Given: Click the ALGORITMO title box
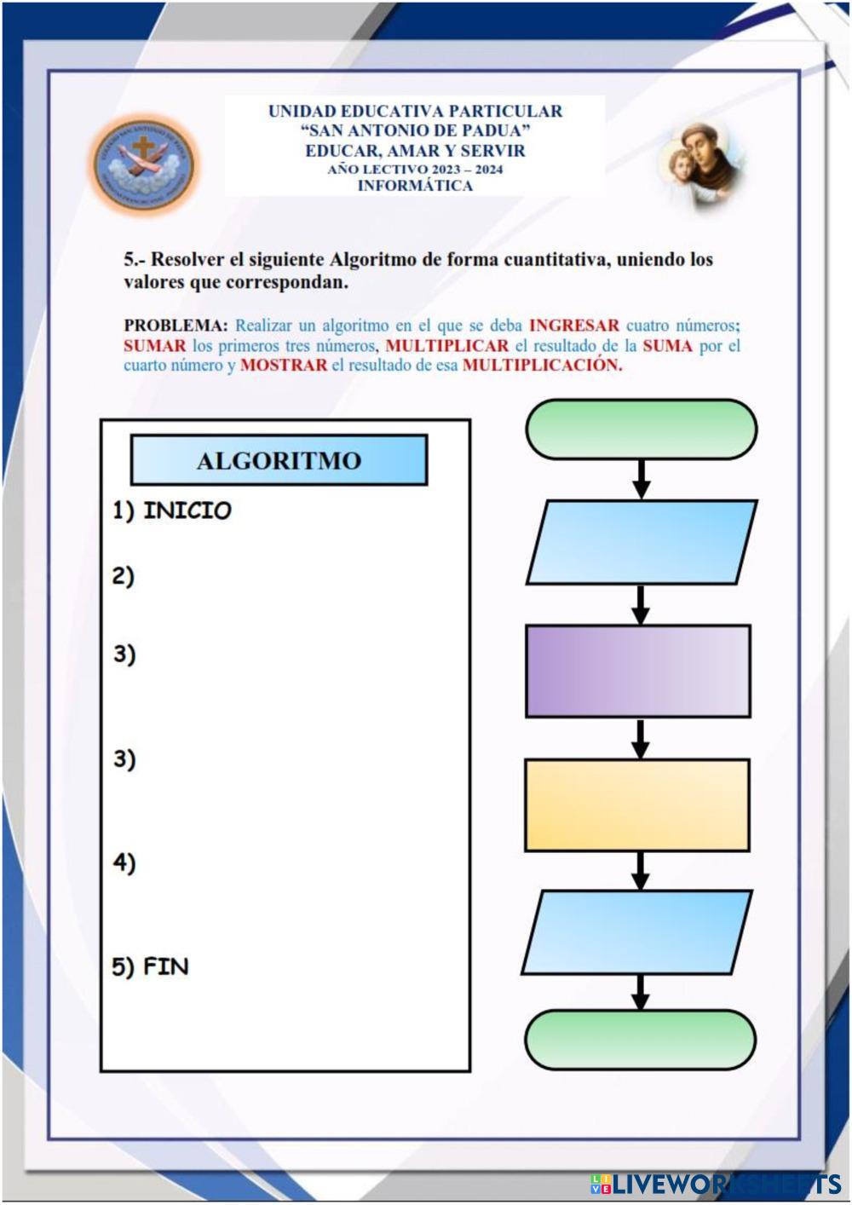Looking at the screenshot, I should pyautogui.click(x=279, y=460).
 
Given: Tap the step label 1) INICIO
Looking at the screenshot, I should pyautogui.click(x=172, y=510).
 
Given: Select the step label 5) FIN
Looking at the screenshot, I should pyautogui.click(x=151, y=966).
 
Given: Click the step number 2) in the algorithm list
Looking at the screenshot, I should pyautogui.click(x=124, y=576).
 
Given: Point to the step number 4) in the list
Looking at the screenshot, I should pyautogui.click(x=124, y=862).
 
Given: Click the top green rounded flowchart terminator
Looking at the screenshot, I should pyautogui.click(x=641, y=429).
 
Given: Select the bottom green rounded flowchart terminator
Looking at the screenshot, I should pyautogui.click(x=640, y=1039).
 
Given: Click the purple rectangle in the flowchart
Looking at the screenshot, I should pyautogui.click(x=638, y=671).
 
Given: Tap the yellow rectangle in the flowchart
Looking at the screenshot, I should pyautogui.click(x=637, y=804).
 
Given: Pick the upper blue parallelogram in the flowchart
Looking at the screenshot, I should pyautogui.click(x=642, y=542).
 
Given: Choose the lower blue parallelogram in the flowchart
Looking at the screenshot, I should pyautogui.click(x=637, y=932).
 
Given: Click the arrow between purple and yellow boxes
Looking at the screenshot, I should pyautogui.click(x=641, y=738).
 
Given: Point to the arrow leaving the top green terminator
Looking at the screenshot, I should pyautogui.click(x=642, y=479).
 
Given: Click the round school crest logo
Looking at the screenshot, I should pyautogui.click(x=144, y=164).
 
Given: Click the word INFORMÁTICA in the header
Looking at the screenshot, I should pyautogui.click(x=415, y=186).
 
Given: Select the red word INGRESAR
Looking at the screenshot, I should pyautogui.click(x=574, y=325).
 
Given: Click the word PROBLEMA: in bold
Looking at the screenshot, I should pyautogui.click(x=176, y=325).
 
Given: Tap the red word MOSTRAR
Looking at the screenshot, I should pyautogui.click(x=284, y=365).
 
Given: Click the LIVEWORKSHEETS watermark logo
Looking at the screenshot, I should pyautogui.click(x=716, y=1184).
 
